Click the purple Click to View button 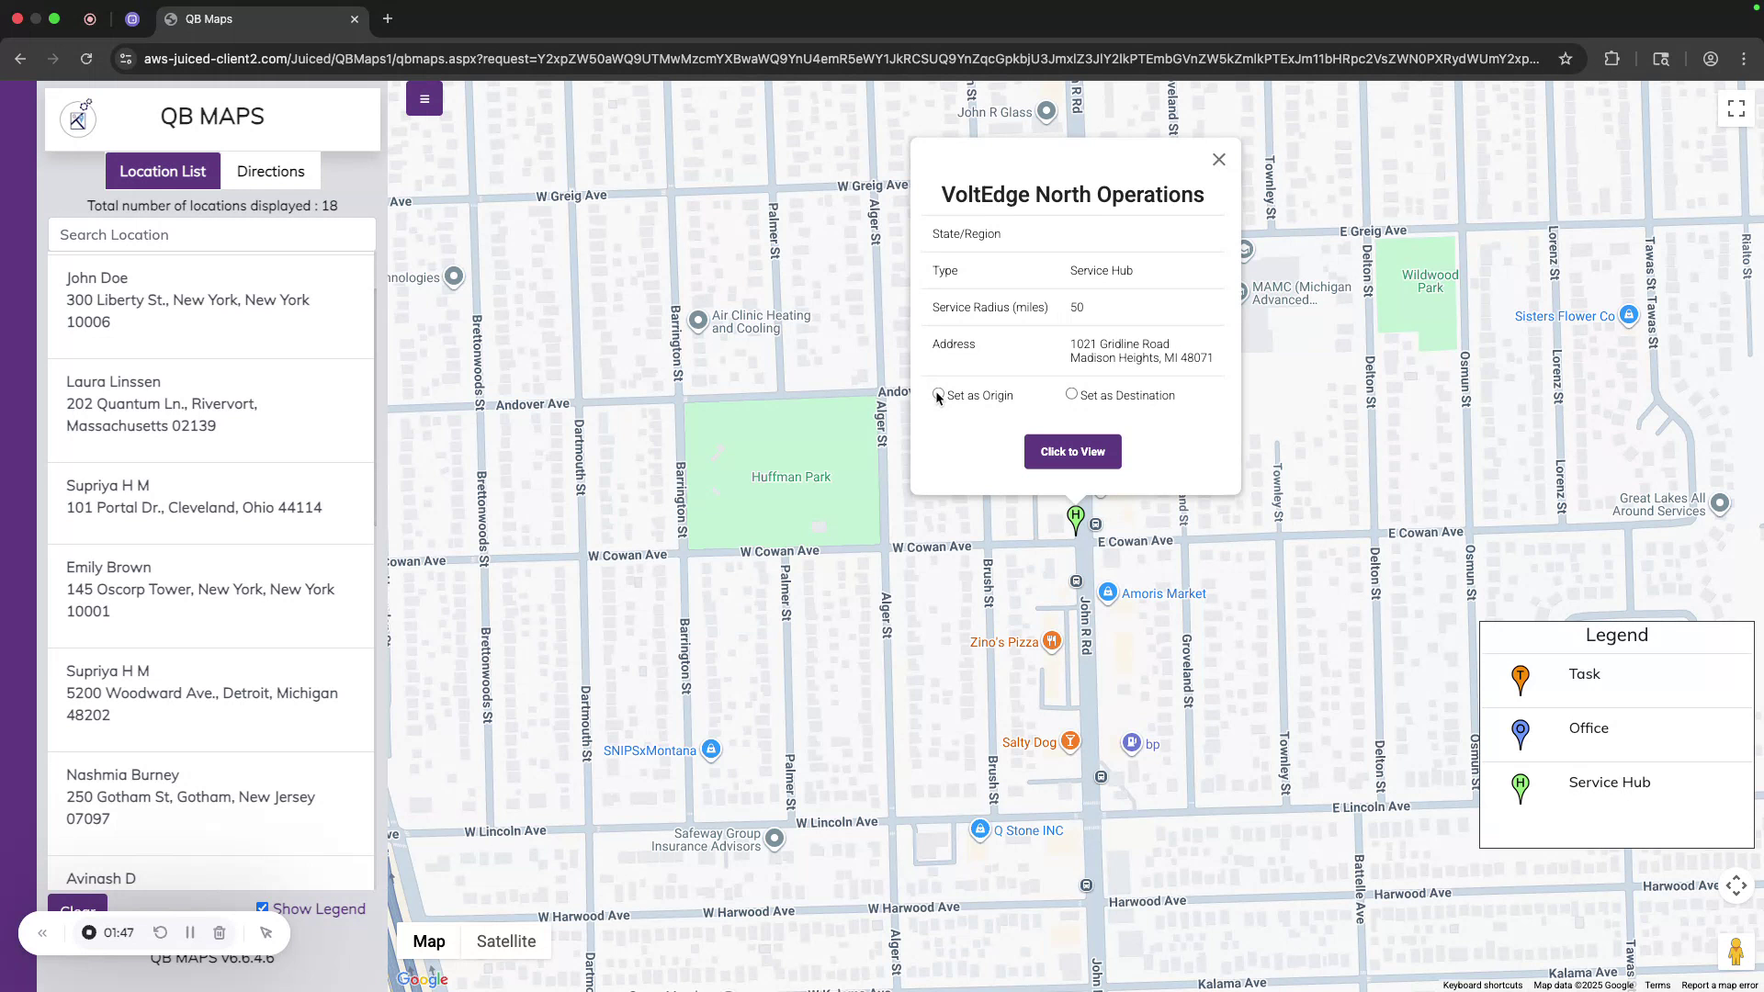(x=1072, y=452)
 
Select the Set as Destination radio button (x=1071, y=394)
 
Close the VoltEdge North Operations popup (x=1218, y=160)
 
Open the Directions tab (x=270, y=172)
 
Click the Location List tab (x=163, y=172)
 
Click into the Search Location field (x=211, y=235)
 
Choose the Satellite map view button (x=505, y=941)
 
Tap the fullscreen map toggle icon (x=1736, y=109)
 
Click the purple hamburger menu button (x=424, y=99)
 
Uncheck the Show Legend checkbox (x=263, y=907)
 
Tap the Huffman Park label (x=790, y=478)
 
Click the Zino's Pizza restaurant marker (x=1052, y=641)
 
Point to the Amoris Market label (x=1163, y=594)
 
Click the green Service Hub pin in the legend (x=1521, y=787)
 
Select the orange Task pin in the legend (x=1521, y=679)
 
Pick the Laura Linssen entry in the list (x=113, y=382)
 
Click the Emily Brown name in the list (x=108, y=568)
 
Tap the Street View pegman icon (x=1735, y=952)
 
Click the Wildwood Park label (x=1430, y=281)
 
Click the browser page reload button (x=86, y=59)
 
